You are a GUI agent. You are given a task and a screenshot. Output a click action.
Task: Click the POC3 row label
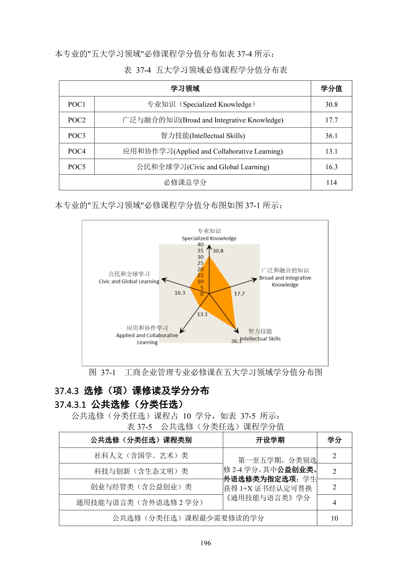[77, 136]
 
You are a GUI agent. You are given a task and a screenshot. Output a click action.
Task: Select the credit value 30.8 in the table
[331, 104]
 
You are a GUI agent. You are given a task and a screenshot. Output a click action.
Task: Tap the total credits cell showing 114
[331, 183]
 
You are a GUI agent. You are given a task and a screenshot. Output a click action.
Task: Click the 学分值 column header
[331, 89]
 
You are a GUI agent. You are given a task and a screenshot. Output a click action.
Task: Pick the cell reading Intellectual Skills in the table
[203, 136]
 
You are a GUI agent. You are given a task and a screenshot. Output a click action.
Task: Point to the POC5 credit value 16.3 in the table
[331, 167]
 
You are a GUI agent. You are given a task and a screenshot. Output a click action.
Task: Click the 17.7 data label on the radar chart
[239, 294]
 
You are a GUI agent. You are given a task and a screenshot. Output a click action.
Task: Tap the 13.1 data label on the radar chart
[202, 314]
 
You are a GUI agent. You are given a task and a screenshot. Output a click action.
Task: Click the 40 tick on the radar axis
[200, 245]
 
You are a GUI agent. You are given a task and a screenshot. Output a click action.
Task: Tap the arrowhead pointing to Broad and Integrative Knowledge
[254, 280]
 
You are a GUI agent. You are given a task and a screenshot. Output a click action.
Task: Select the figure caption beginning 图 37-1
[205, 372]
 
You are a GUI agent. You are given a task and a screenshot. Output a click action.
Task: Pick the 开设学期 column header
[270, 440]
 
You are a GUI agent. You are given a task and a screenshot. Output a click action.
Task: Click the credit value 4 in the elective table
[334, 503]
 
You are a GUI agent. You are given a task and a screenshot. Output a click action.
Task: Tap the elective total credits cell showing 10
[334, 518]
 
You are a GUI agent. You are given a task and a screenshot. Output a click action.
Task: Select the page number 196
[206, 543]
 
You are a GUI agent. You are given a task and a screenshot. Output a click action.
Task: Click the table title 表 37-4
[205, 70]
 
